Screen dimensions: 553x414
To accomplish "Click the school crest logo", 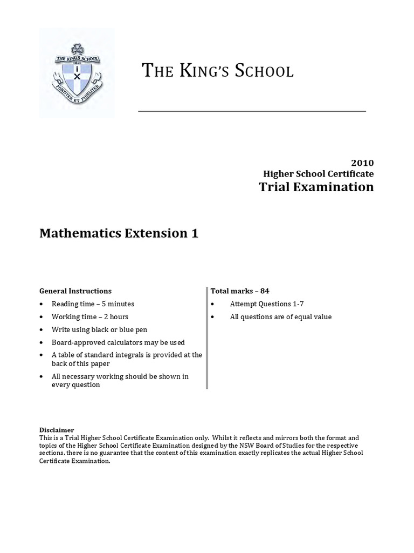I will point(77,72).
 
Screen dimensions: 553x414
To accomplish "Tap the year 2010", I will point(362,163).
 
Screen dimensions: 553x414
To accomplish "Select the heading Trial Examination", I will point(316,187).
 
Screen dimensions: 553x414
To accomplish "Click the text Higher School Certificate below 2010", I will point(318,174).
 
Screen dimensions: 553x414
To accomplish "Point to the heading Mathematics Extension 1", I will point(119,233).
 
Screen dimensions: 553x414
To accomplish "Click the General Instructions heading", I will point(75,291).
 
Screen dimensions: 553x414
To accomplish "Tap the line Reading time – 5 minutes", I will point(93,304).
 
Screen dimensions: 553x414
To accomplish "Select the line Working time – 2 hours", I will point(90,316).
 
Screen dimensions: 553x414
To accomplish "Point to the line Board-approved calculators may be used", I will point(118,342).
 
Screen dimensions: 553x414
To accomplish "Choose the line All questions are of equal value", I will point(281,316).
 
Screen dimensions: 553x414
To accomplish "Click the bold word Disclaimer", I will point(57,430).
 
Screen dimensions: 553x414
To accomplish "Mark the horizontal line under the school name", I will point(252,111).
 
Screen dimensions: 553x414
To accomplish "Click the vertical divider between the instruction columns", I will point(207,338).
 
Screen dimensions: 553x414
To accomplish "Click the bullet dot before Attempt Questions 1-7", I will point(213,304).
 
